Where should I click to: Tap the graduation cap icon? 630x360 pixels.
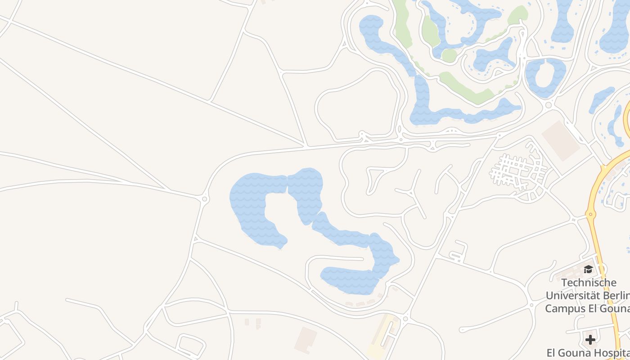click(x=588, y=270)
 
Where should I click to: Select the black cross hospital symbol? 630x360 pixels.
click(x=590, y=339)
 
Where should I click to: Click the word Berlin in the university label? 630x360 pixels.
click(x=617, y=296)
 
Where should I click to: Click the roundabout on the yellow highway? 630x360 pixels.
click(x=590, y=213)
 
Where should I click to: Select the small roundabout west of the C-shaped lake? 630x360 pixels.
click(x=205, y=198)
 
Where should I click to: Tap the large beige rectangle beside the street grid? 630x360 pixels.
click(x=560, y=140)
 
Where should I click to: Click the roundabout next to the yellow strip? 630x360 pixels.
click(x=405, y=319)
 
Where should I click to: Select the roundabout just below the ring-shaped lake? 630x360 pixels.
click(x=548, y=105)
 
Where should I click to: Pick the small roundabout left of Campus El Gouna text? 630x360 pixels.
click(x=531, y=305)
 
